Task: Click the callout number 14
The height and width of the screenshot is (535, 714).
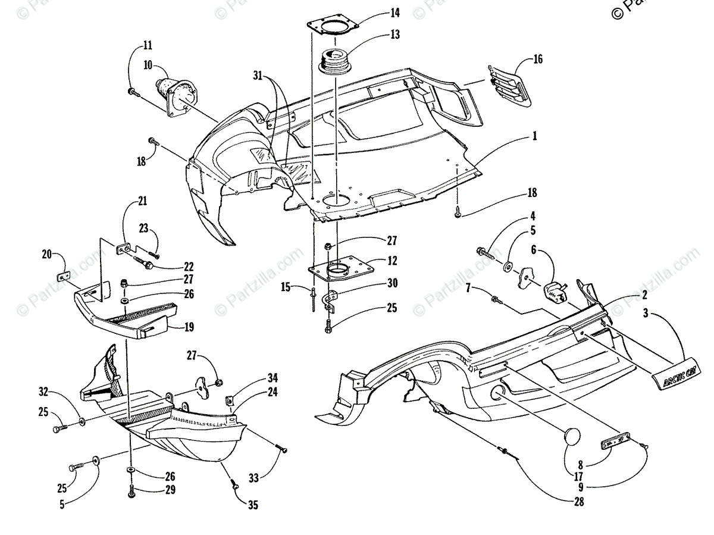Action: point(395,12)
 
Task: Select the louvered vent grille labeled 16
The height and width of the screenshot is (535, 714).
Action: point(509,86)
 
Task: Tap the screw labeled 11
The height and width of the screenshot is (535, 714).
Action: point(132,92)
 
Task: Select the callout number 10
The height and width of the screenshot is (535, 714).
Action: point(147,64)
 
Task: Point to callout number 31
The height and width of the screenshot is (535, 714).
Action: point(257,75)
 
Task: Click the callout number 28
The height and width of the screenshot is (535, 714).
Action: point(578,502)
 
